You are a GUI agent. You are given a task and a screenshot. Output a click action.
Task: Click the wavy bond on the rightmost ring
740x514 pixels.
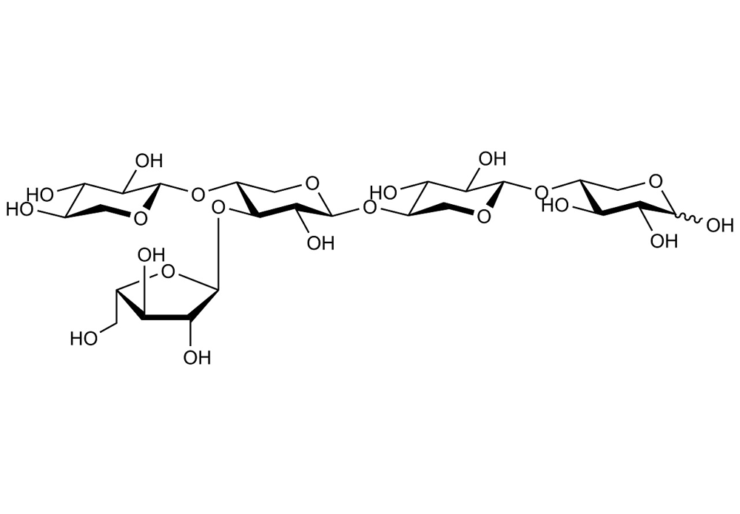[x=689, y=218]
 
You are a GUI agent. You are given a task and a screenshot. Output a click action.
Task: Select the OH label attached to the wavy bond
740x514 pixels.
[x=720, y=225]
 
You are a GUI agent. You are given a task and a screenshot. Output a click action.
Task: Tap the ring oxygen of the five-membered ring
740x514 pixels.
[x=169, y=271]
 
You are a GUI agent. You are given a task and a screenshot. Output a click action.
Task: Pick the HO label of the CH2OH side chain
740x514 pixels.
[x=84, y=338]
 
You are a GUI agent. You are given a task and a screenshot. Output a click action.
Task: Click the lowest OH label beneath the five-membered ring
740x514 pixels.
[x=197, y=357]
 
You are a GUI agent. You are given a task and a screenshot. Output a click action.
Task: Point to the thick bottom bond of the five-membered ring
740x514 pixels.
[x=166, y=317]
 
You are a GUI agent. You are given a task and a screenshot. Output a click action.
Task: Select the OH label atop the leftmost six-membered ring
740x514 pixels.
[x=149, y=160]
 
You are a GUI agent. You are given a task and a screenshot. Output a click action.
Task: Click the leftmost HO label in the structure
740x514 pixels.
[x=20, y=209]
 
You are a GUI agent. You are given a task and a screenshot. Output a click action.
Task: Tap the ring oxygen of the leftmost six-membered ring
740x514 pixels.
[x=140, y=218]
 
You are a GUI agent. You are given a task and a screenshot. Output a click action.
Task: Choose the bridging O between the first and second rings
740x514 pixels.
[x=198, y=193]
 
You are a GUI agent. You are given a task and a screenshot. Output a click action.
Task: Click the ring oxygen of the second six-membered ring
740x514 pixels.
[x=311, y=183]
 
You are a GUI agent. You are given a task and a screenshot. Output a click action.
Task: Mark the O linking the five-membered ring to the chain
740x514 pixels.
[x=218, y=207]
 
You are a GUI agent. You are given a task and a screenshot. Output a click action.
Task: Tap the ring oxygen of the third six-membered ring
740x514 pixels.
[x=483, y=217]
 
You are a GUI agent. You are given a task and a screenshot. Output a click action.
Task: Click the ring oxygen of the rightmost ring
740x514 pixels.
[x=655, y=181]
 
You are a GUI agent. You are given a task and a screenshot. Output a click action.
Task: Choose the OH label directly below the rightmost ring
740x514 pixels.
[x=664, y=241]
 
